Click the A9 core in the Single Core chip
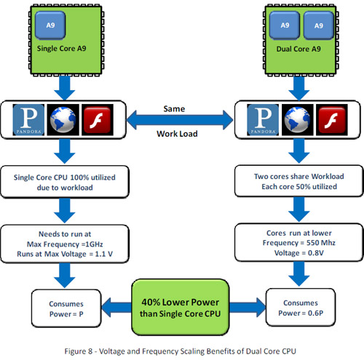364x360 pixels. [50, 25]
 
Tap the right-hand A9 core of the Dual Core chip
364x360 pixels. [319, 25]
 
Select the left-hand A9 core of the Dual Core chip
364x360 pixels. [285, 25]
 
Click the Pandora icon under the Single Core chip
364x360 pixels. [28, 120]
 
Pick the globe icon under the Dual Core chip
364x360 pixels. [297, 120]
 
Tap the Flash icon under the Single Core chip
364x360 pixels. [98, 120]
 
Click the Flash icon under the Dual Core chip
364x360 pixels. [332, 120]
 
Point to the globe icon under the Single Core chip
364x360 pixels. [63, 120]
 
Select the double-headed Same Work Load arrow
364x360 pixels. [180, 120]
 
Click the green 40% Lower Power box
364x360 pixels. [181, 308]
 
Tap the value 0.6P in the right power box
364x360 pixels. [315, 313]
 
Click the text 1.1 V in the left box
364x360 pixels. [103, 254]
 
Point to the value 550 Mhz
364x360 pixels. [321, 243]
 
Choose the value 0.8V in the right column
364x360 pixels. [316, 253]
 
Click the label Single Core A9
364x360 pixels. [62, 49]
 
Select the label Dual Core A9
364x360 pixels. [298, 49]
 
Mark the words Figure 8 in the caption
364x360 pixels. [79, 351]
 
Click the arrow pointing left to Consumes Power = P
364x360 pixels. [116, 308]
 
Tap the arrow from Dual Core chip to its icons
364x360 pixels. [299, 88]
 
